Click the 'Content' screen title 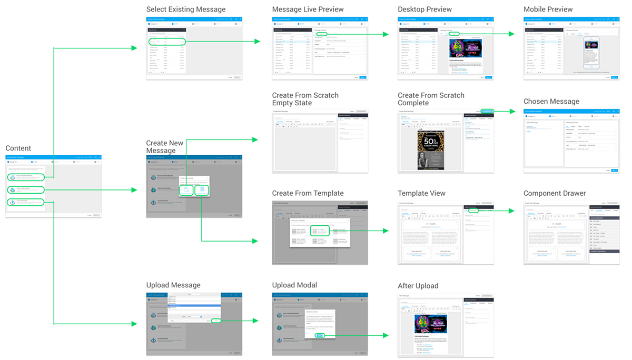click(x=18, y=148)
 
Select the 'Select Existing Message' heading click(x=185, y=9)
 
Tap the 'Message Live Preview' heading click(x=308, y=9)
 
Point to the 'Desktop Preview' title click(x=424, y=9)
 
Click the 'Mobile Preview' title click(x=548, y=9)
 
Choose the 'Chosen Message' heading click(x=551, y=102)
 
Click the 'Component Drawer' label click(x=554, y=194)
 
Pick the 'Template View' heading click(x=421, y=194)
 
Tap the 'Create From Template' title click(x=308, y=194)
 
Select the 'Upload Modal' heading click(x=294, y=285)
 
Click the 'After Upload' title click(x=418, y=286)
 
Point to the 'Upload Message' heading click(x=173, y=285)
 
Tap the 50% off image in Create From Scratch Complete click(x=431, y=149)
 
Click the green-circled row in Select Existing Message click(x=167, y=42)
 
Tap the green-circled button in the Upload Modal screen click(x=319, y=335)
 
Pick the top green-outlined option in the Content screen click(x=26, y=177)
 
